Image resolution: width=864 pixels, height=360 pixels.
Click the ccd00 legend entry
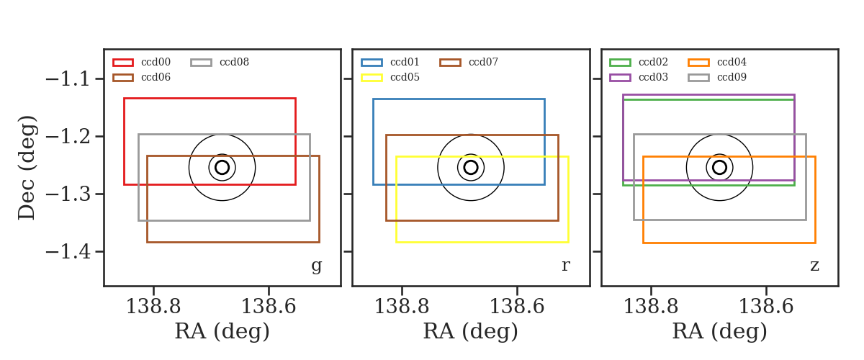(x=142, y=62)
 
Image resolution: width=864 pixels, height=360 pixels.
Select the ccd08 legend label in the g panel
(x=234, y=62)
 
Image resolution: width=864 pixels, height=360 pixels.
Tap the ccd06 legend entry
(x=142, y=77)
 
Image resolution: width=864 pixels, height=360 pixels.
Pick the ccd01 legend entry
(x=390, y=62)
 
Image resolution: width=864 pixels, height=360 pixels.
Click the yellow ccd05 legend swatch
(x=372, y=78)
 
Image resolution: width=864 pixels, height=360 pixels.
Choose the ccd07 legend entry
(x=469, y=62)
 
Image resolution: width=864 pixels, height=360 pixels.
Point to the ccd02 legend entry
(x=639, y=62)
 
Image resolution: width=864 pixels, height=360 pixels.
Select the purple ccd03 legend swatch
(x=620, y=78)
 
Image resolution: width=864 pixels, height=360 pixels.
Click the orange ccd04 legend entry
(x=717, y=62)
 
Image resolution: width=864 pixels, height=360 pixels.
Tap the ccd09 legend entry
(x=717, y=77)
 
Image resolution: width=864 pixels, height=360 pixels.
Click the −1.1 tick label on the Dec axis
(x=68, y=79)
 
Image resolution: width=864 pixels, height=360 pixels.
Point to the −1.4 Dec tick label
(x=68, y=251)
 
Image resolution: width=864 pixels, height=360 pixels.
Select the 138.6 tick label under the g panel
(x=269, y=307)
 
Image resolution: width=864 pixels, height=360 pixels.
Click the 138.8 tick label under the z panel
(x=651, y=307)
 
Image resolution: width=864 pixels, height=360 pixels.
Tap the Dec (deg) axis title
(x=27, y=168)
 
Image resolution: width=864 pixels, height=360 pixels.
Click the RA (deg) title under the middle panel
(x=471, y=331)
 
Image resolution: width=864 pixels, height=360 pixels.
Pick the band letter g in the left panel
(x=317, y=266)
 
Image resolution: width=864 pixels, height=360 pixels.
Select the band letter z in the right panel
(x=814, y=266)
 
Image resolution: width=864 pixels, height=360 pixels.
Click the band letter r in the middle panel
(x=566, y=266)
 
